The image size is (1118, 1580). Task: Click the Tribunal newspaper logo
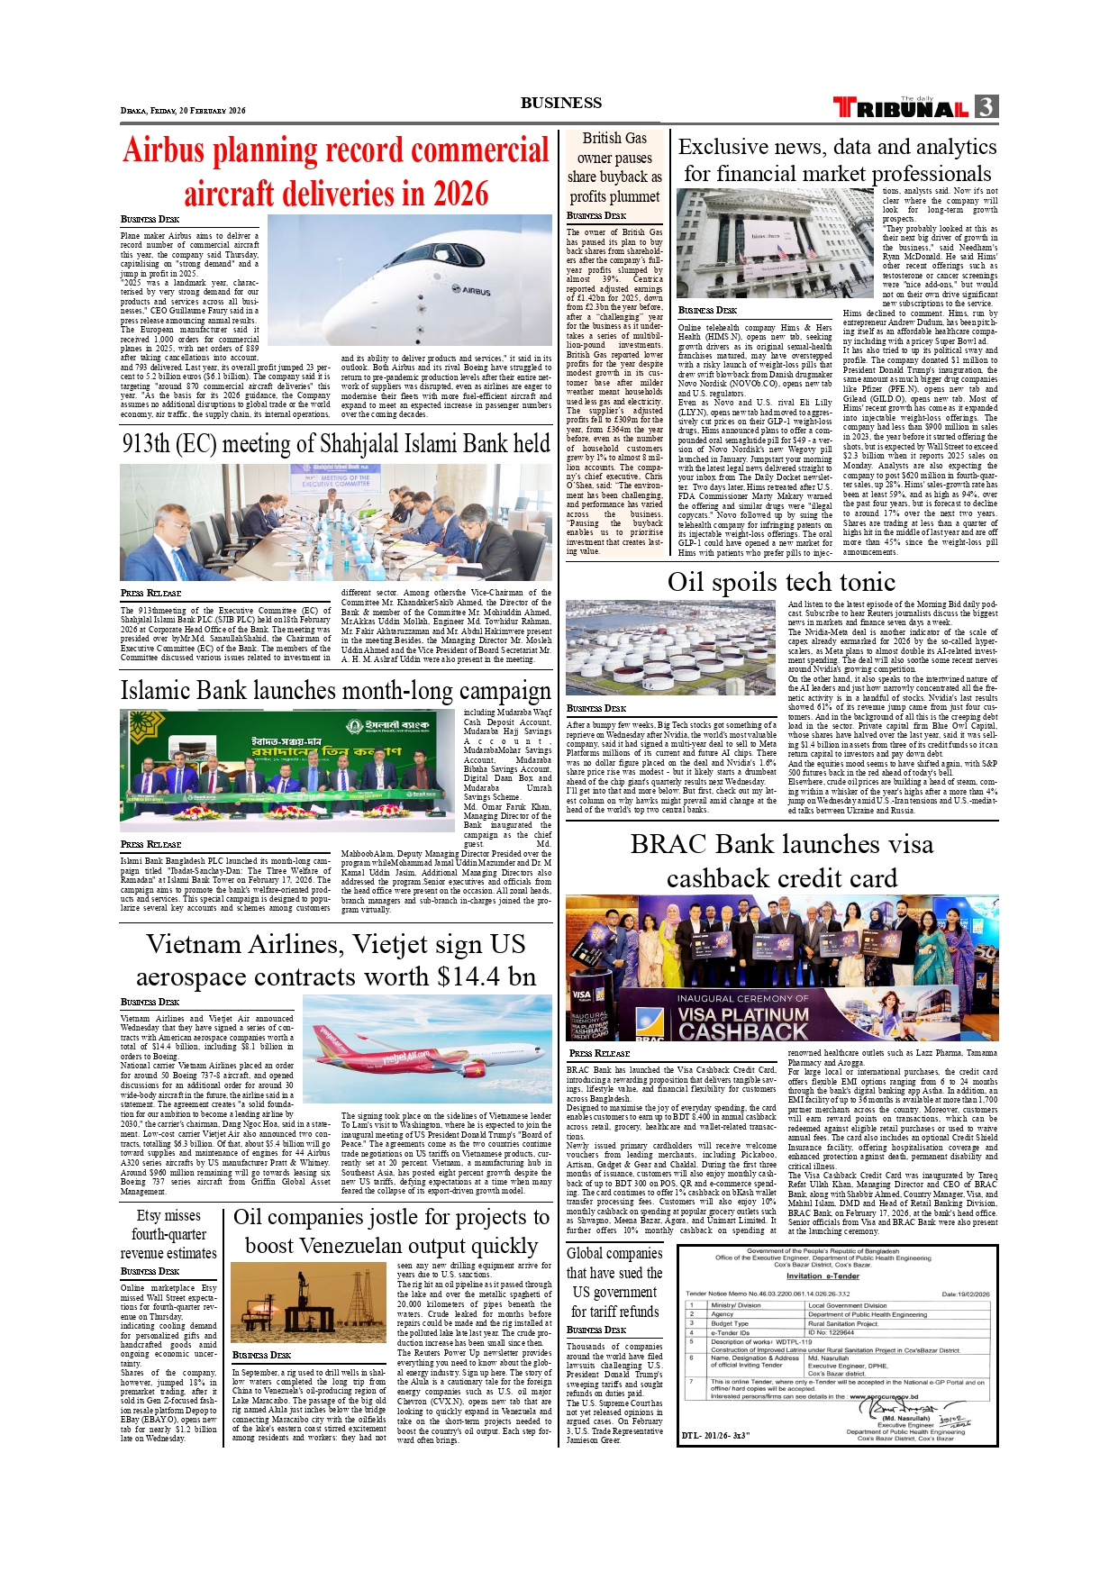coord(901,108)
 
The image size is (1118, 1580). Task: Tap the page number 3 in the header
coord(986,107)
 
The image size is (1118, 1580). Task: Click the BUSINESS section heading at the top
coord(560,103)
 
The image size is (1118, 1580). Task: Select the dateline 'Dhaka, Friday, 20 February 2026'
coord(183,111)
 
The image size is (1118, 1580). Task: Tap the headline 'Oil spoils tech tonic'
coord(781,582)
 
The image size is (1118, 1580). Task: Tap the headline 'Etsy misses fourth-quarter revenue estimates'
coord(168,1234)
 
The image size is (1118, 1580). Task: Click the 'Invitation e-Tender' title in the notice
coord(823,1276)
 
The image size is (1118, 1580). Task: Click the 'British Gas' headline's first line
coord(614,138)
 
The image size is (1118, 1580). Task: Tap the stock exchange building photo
coord(776,242)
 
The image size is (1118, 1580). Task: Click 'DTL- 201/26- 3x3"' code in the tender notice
coord(716,1435)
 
